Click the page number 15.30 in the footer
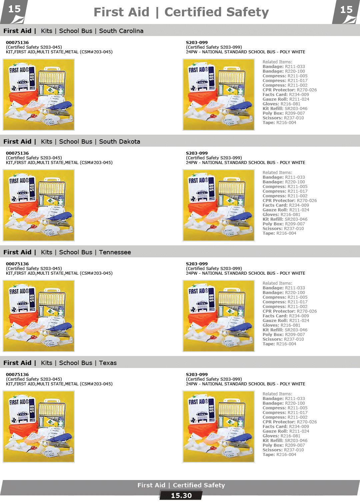pos(181,495)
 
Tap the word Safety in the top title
pos(247,12)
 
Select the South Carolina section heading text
pos(73,31)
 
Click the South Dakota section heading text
pos(72,142)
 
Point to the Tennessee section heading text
pos(67,252)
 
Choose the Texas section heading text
pos(60,363)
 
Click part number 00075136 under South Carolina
pos(17,43)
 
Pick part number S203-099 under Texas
pos(197,374)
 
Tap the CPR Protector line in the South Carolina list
pos(290,90)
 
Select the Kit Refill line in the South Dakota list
pos(285,219)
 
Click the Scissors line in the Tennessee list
pos(283,339)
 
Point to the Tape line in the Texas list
pos(279,454)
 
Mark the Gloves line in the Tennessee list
pos(281,325)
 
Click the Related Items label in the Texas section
pos(277,394)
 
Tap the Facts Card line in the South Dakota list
pos(286,205)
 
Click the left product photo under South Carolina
pos(39,95)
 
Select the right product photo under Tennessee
pos(219,316)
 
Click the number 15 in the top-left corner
pos(14,9)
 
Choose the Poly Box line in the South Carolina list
pos(284,113)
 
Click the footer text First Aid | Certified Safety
pos(181,485)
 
